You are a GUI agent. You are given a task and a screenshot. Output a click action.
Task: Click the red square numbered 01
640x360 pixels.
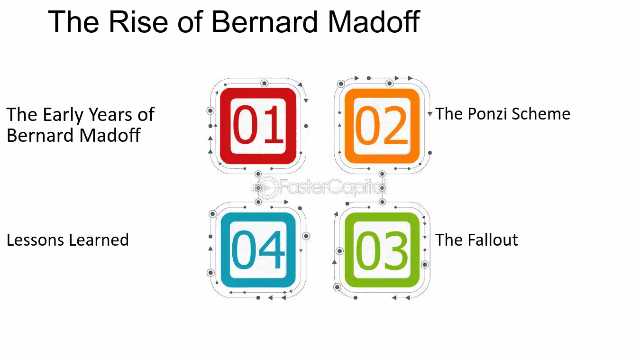click(258, 126)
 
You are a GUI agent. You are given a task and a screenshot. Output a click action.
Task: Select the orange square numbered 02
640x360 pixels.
click(382, 126)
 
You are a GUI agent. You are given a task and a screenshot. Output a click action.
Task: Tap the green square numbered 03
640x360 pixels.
click(382, 250)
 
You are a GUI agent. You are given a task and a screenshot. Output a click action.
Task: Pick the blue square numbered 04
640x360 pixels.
click(258, 250)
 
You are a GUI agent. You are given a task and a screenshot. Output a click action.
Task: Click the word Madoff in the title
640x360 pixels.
click(374, 22)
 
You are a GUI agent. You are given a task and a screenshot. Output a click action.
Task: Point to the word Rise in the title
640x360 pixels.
click(138, 22)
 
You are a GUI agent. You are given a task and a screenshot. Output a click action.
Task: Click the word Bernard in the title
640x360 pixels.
click(265, 22)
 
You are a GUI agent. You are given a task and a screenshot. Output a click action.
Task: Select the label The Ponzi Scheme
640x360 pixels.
click(503, 114)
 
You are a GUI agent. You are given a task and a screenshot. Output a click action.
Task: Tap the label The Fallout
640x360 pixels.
click(476, 240)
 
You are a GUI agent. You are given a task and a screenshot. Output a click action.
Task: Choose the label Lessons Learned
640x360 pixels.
click(68, 240)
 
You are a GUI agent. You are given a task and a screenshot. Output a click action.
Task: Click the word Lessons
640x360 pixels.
click(36, 240)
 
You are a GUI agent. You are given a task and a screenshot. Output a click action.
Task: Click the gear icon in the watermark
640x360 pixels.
click(267, 187)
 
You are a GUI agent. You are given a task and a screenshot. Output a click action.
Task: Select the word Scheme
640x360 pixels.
click(541, 114)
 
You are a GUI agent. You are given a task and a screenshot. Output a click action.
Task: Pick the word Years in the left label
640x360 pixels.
click(110, 114)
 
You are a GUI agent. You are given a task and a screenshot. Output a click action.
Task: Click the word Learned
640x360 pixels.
click(99, 240)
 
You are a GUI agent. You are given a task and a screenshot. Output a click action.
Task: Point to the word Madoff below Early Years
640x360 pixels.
click(110, 135)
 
